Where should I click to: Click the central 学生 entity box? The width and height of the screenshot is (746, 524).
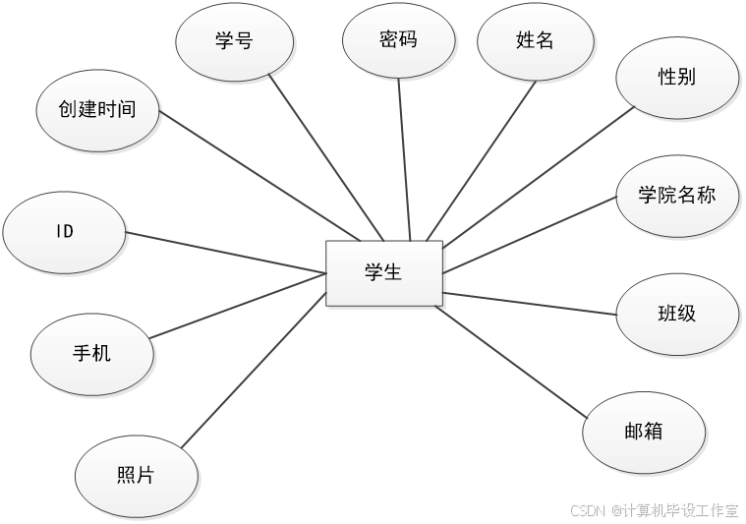tap(384, 272)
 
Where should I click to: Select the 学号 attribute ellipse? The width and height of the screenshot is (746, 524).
tap(234, 40)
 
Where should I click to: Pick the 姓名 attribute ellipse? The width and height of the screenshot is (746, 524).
tap(535, 40)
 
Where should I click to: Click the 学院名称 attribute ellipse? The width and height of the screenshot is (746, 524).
tap(676, 195)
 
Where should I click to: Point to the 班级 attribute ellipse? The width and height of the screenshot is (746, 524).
tap(676, 314)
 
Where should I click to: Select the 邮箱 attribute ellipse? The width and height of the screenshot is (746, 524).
tap(644, 431)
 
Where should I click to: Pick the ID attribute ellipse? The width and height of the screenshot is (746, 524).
tap(65, 232)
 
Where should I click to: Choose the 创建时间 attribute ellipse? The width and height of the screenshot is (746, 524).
tap(97, 110)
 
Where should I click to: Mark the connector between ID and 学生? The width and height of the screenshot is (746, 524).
tap(226, 253)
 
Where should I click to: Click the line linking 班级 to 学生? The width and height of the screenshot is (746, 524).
tap(531, 303)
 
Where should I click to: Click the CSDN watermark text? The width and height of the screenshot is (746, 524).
tap(653, 509)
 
